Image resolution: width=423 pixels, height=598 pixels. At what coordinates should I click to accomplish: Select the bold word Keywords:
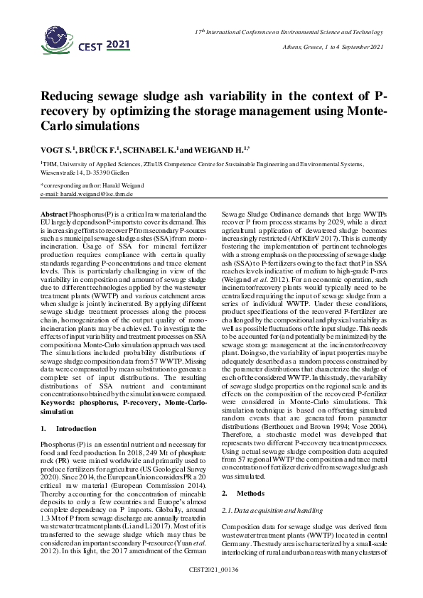(x=60, y=402)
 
